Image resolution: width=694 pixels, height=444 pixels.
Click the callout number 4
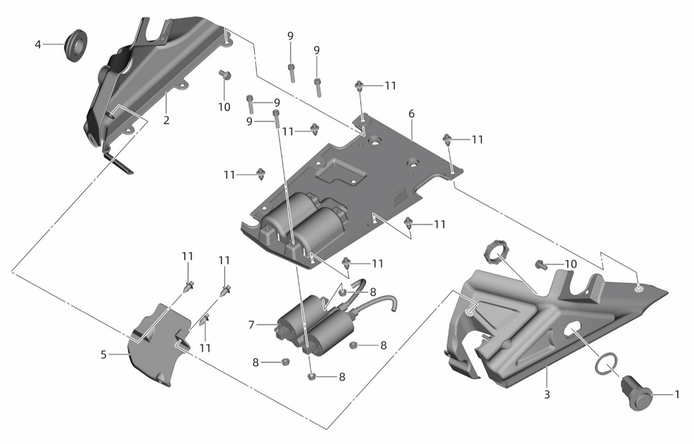[x=38, y=44]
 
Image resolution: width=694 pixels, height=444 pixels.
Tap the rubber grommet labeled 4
[x=76, y=46]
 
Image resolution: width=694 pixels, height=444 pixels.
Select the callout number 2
[x=167, y=120]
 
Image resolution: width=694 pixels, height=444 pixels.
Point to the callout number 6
[x=412, y=114]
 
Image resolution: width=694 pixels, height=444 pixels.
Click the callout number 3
[x=547, y=394]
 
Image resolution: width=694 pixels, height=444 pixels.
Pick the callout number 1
[x=677, y=394]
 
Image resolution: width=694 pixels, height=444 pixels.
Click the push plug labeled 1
[x=637, y=393]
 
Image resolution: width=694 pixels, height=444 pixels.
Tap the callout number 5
[x=103, y=355]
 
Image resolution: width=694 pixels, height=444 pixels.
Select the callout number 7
[x=251, y=325]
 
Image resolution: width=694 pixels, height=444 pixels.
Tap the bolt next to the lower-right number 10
[x=540, y=264]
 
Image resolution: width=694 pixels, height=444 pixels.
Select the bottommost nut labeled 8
[x=311, y=377]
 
